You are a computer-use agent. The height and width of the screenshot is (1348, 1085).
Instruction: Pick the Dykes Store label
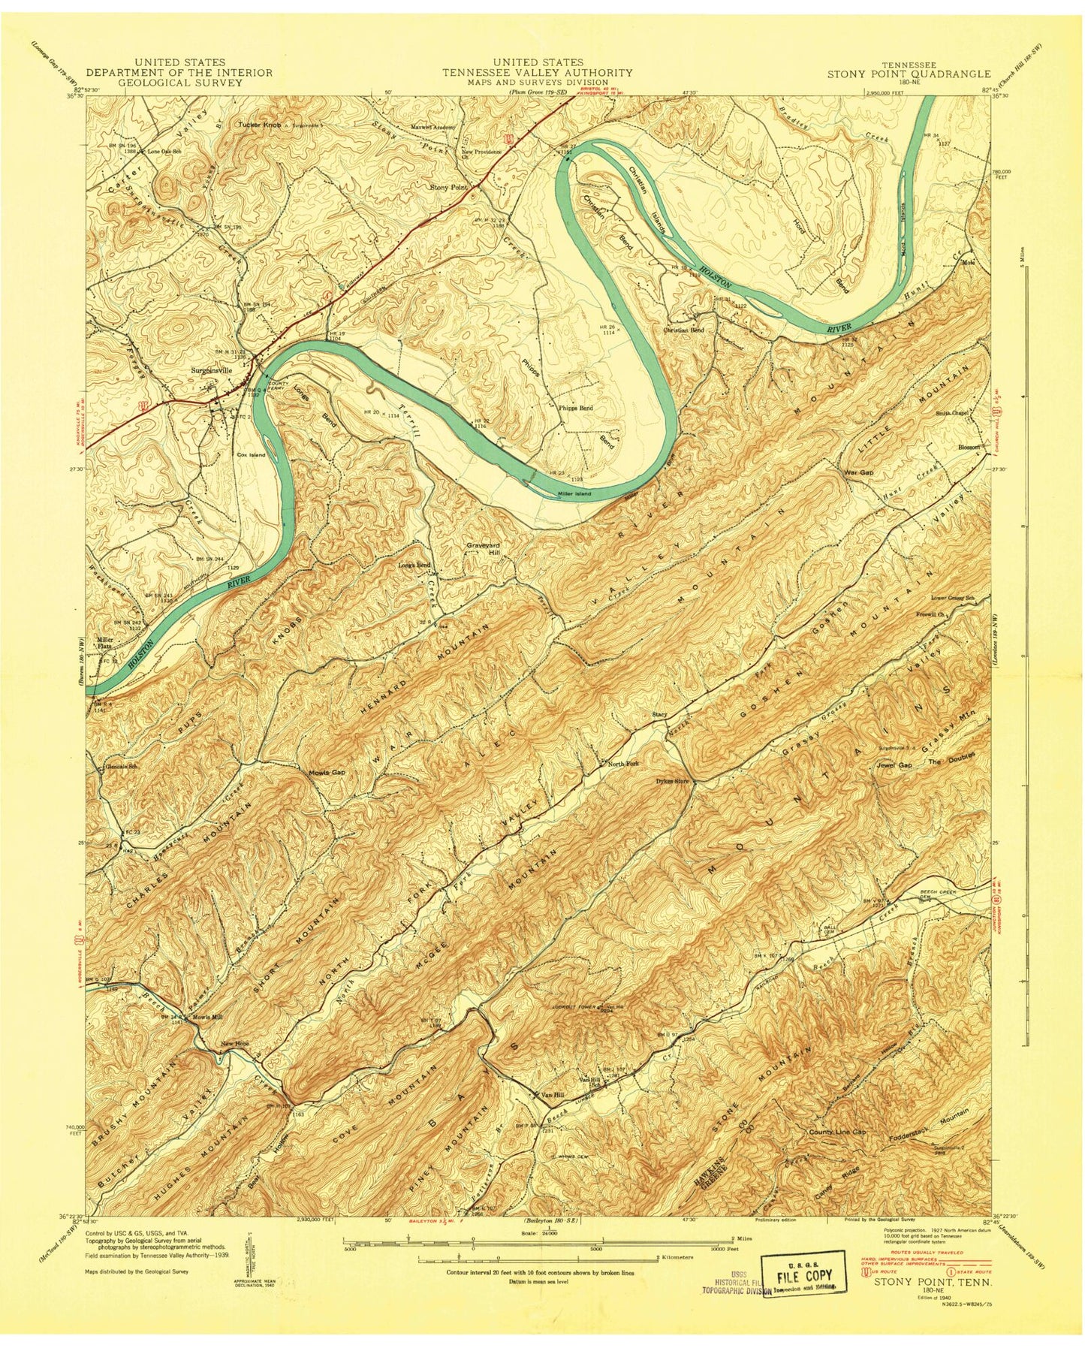coord(672,781)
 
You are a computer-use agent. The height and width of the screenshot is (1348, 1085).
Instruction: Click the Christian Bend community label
coord(683,330)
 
